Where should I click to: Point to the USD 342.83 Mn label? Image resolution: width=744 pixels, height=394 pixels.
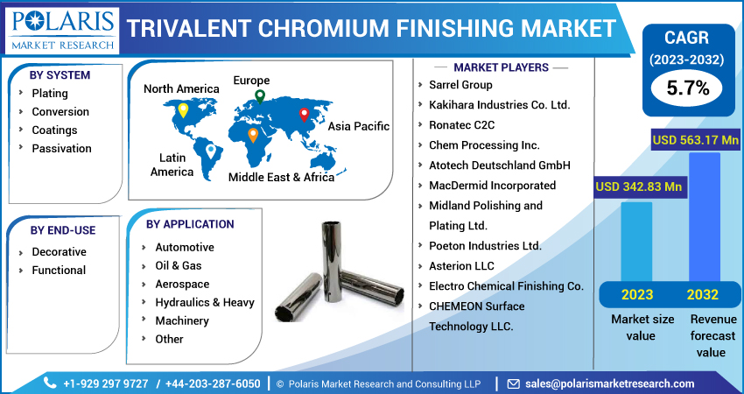pos(640,186)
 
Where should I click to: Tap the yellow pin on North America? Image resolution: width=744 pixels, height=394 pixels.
pos(182,110)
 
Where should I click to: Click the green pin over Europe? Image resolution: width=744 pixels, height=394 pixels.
pos(259,97)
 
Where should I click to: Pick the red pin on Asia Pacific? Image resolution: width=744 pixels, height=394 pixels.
pos(304,114)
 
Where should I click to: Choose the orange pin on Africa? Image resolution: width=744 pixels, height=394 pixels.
pos(253,135)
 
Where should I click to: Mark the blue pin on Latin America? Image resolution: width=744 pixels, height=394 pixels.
pos(210,151)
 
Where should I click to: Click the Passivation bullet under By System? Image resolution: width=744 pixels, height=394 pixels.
pos(61,148)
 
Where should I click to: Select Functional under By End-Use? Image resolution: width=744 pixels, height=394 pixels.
pos(59,270)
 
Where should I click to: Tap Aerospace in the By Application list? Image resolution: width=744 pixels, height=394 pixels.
pos(182,284)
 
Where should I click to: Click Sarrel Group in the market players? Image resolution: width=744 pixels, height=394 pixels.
pos(460,85)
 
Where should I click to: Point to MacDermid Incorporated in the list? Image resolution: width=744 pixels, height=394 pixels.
pos(492,185)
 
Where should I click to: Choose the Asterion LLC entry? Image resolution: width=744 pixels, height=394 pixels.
pos(461,265)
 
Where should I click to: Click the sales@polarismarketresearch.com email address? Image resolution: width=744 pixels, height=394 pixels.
pos(609,383)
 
